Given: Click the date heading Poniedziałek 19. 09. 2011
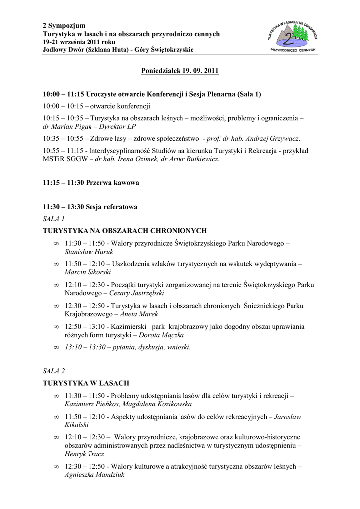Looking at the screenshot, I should click(180, 71).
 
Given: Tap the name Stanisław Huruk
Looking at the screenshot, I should click(82, 252).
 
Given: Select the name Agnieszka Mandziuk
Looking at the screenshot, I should click(94, 475).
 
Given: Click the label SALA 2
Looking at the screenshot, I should click(54, 371).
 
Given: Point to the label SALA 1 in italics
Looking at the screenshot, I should click(54, 218).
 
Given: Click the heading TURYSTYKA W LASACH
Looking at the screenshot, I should click(86, 383).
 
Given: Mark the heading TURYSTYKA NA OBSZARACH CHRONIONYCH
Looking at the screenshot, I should click(125, 231).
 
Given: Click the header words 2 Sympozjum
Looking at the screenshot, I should click(64, 25).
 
